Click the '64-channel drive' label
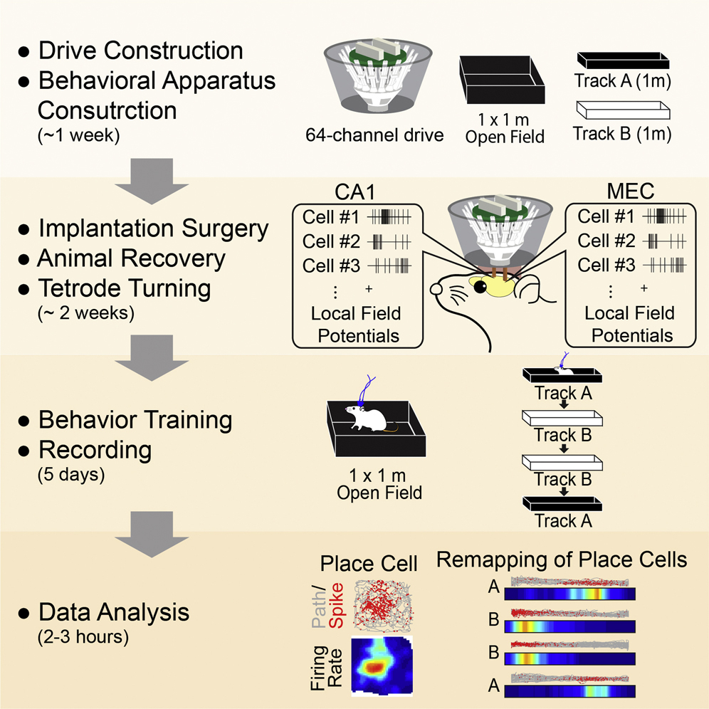[374, 135]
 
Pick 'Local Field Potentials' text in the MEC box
[629, 324]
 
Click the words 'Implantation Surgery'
[153, 229]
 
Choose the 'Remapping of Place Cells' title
[561, 560]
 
